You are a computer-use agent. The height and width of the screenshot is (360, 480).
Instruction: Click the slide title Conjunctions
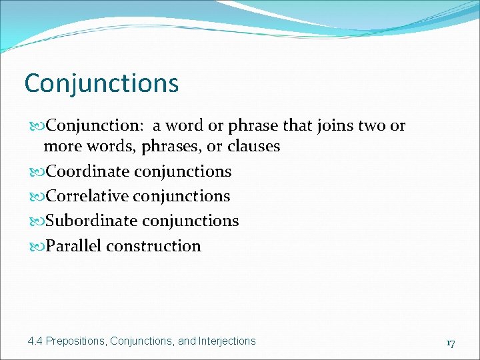pos(101,84)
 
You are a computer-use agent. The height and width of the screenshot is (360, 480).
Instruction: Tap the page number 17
pos(451,343)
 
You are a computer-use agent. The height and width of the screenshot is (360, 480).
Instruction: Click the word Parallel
pos(73,246)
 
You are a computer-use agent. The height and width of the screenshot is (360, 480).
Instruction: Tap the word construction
pos(153,246)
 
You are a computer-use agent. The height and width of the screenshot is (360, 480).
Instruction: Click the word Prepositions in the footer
pos(77,341)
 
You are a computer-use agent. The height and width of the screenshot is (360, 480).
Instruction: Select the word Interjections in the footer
pos(227,341)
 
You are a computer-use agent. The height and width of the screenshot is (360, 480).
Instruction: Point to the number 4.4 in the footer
pos(35,341)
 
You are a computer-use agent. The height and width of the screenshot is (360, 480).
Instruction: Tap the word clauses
pos(254,146)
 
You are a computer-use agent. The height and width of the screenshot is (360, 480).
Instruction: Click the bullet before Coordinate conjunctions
pos(37,172)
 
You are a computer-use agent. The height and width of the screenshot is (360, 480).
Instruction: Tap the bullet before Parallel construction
pos(37,247)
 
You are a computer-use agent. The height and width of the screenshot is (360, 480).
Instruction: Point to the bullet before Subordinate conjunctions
pos(37,221)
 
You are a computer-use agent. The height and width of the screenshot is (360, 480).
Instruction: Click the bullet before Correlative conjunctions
pos(37,197)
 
